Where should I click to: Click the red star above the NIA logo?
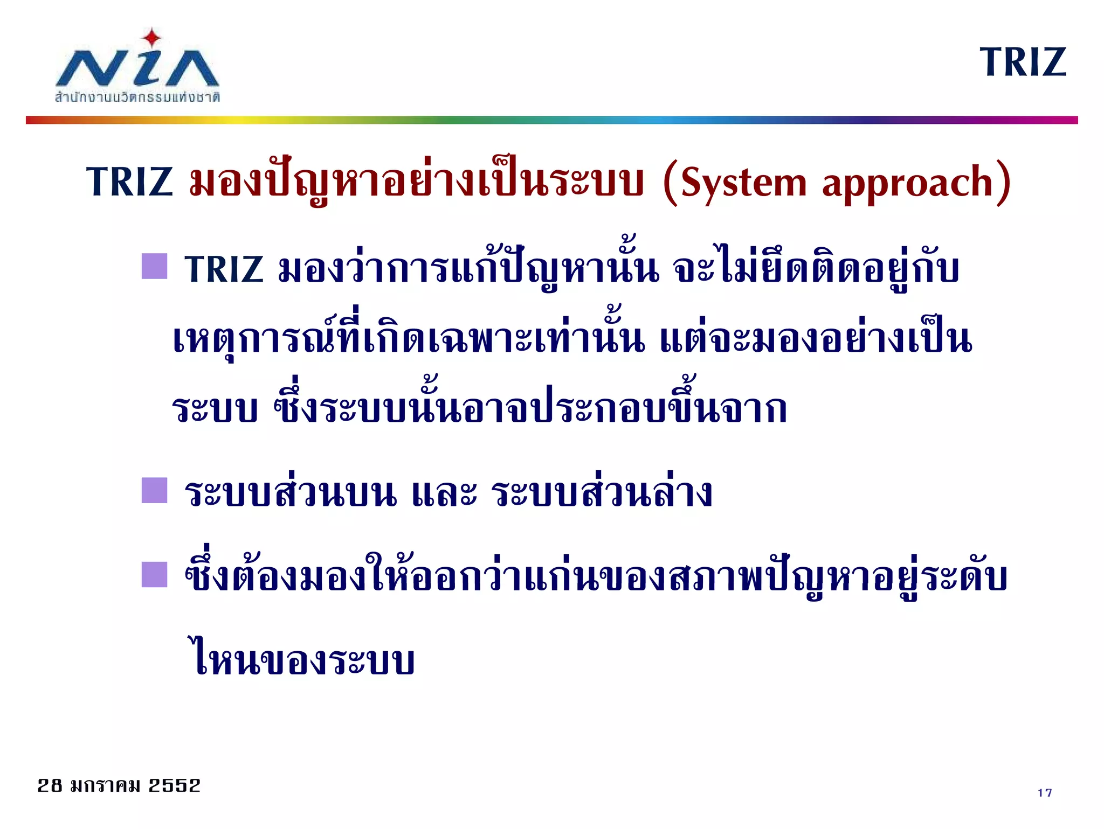tap(152, 38)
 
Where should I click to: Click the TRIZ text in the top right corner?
tap(1023, 62)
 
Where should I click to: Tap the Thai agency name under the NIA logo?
tap(137, 97)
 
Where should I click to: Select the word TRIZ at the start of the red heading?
tap(129, 182)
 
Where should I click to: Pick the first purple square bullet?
tap(154, 266)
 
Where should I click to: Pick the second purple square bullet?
tap(154, 490)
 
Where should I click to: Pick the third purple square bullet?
tap(154, 574)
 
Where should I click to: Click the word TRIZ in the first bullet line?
tap(224, 269)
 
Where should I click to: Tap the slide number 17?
tap(1044, 792)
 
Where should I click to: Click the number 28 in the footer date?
tap(50, 785)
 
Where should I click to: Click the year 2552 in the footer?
tap(174, 785)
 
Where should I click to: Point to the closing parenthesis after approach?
tap(1003, 183)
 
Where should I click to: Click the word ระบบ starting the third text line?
tap(215, 409)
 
